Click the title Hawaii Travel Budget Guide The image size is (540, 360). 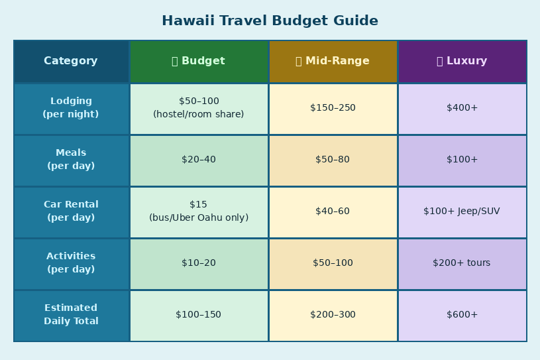[x=270, y=21]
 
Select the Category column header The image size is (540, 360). [x=72, y=61]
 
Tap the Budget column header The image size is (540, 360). [x=199, y=61]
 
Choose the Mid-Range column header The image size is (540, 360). [x=333, y=61]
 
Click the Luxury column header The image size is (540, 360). [x=462, y=61]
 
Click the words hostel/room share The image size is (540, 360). [x=199, y=114]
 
